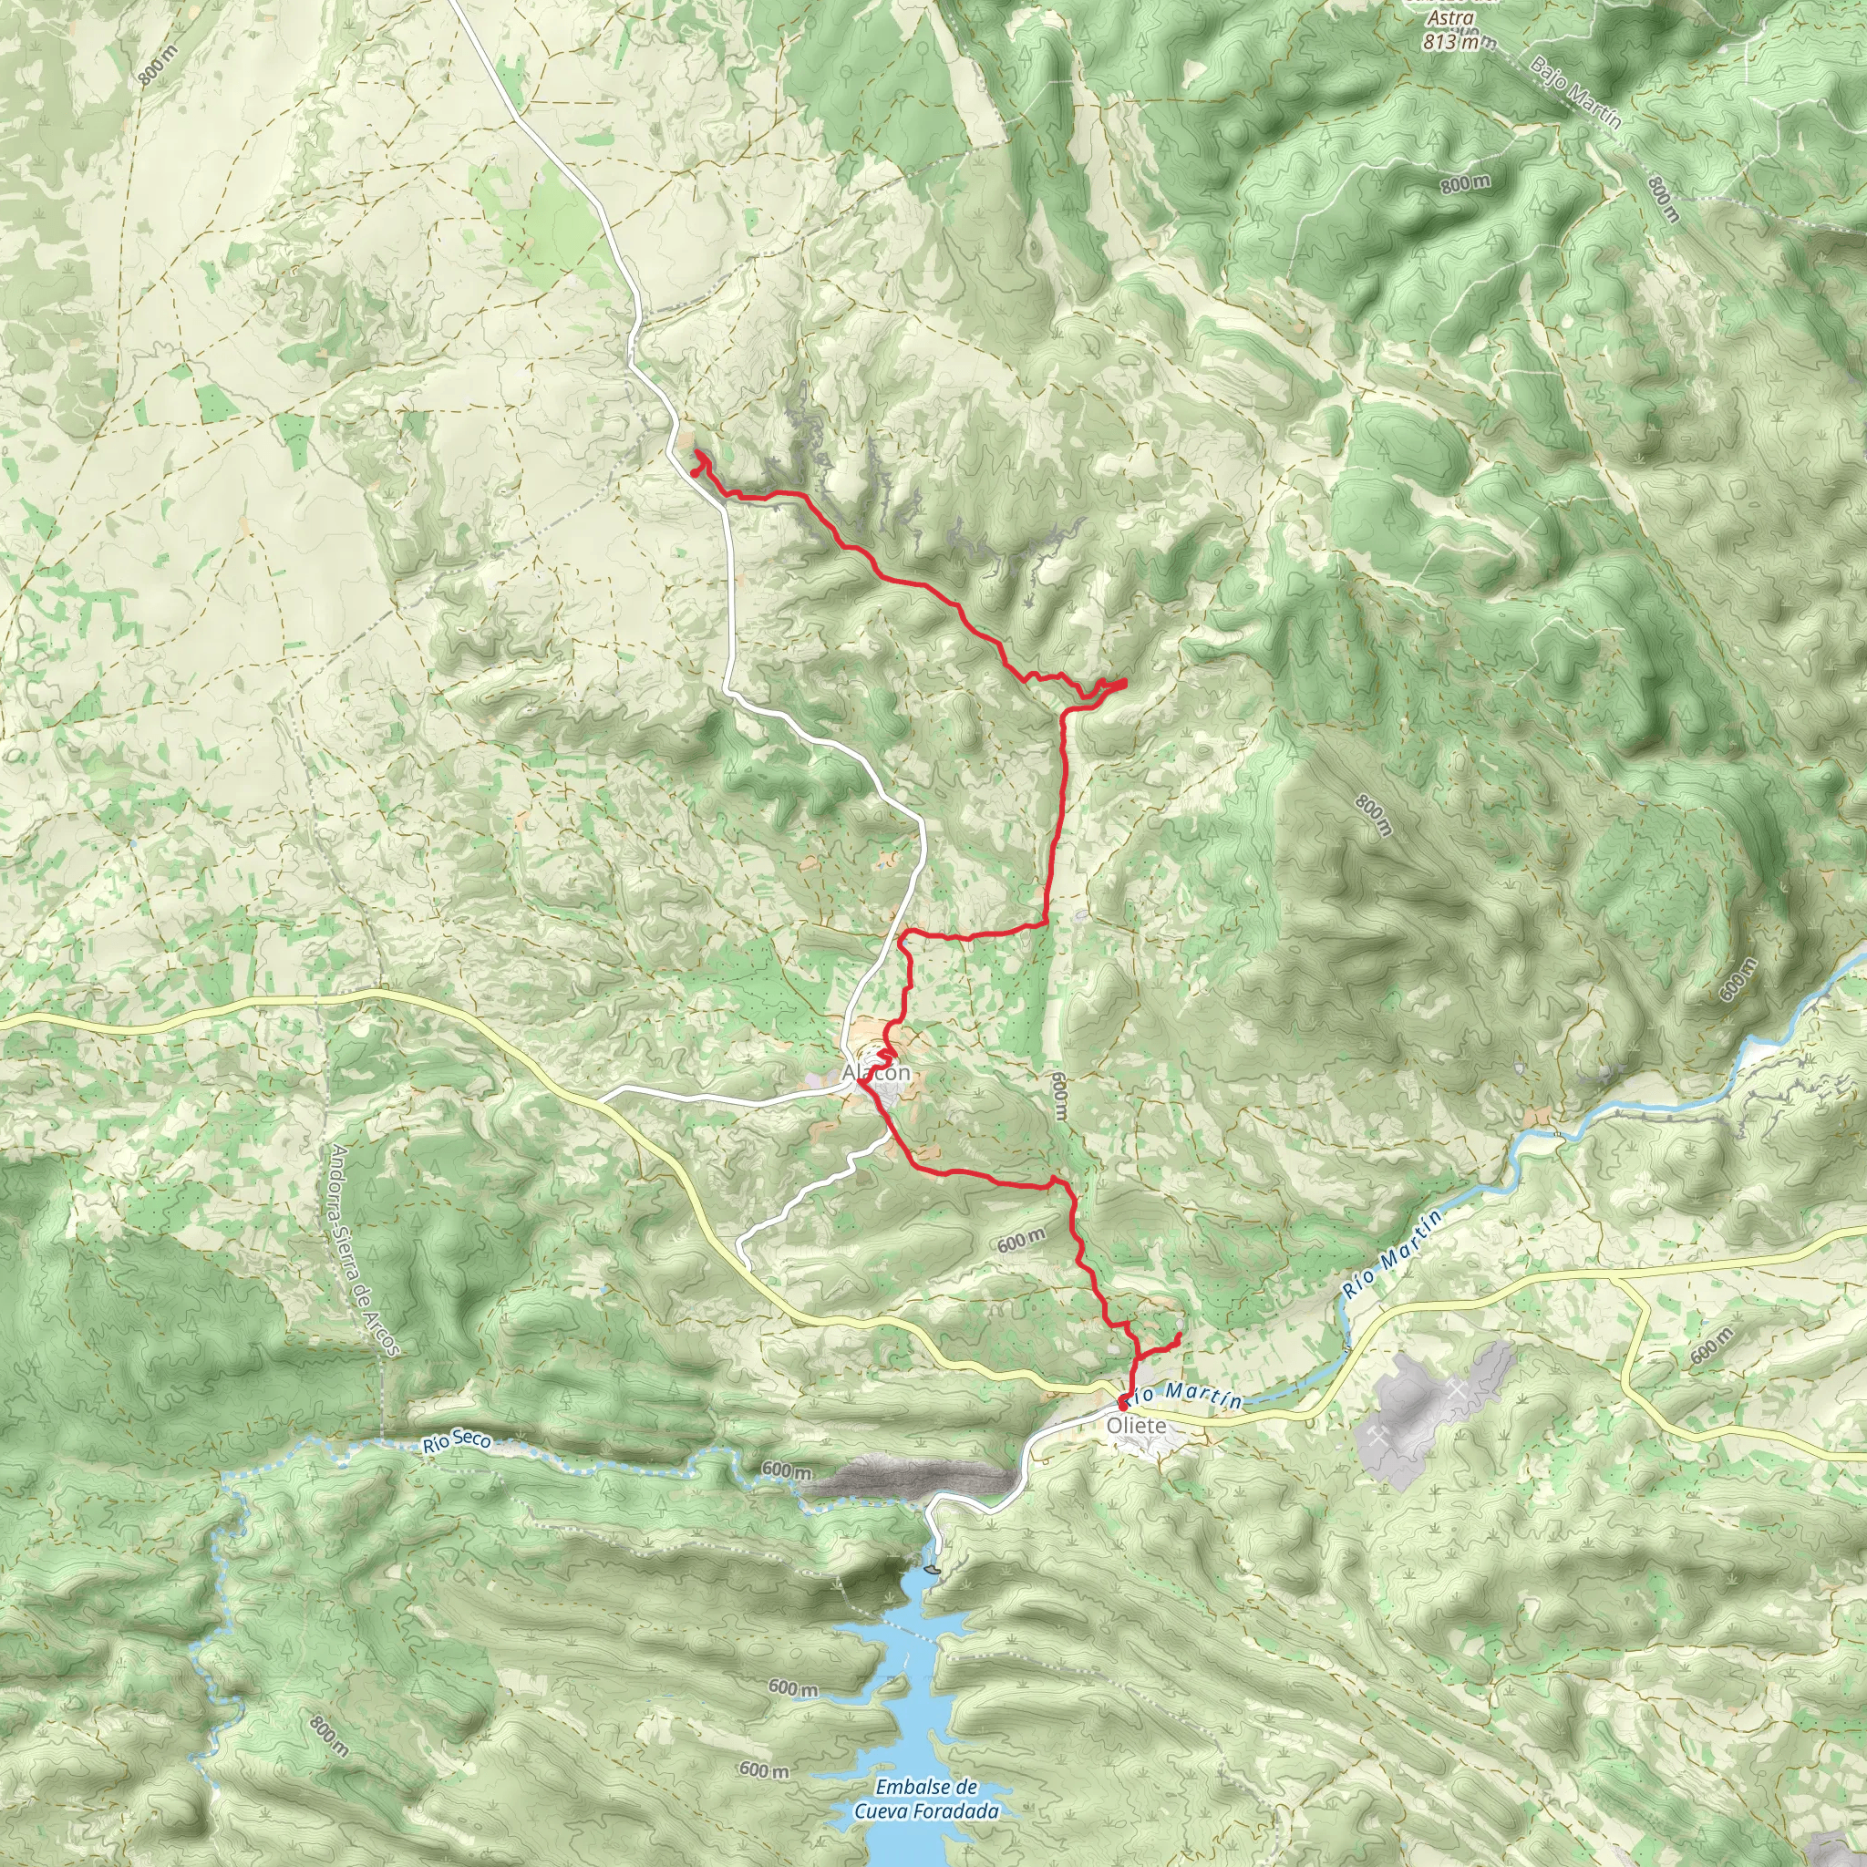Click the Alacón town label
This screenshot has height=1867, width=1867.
[x=875, y=1074]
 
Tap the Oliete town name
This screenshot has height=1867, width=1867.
[x=1137, y=1427]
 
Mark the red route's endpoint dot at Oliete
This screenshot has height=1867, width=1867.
[x=1124, y=1402]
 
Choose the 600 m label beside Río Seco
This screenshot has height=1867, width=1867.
[x=787, y=1470]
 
